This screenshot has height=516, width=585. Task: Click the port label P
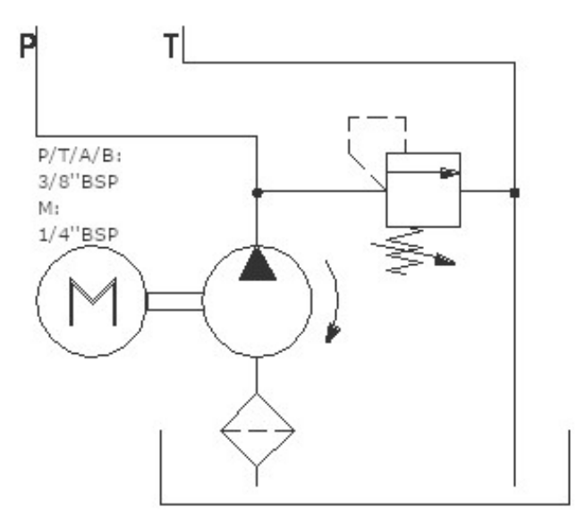(27, 46)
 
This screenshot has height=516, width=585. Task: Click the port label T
(171, 46)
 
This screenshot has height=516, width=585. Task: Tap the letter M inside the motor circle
(93, 302)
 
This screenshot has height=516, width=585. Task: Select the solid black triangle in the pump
(258, 264)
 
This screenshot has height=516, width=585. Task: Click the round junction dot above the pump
(257, 193)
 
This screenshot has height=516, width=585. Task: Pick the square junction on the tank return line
(515, 193)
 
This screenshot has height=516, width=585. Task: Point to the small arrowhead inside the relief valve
(449, 173)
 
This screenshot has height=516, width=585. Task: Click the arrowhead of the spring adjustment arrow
(445, 260)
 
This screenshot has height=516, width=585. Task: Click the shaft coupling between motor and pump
(174, 302)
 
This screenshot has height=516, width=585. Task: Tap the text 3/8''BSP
(79, 182)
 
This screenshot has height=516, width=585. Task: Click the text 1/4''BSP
(79, 235)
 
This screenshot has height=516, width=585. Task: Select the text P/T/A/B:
(80, 156)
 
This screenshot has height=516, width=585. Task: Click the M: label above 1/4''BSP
(48, 208)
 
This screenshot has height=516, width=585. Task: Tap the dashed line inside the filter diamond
(257, 430)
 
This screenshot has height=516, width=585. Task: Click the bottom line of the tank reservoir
(365, 504)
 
